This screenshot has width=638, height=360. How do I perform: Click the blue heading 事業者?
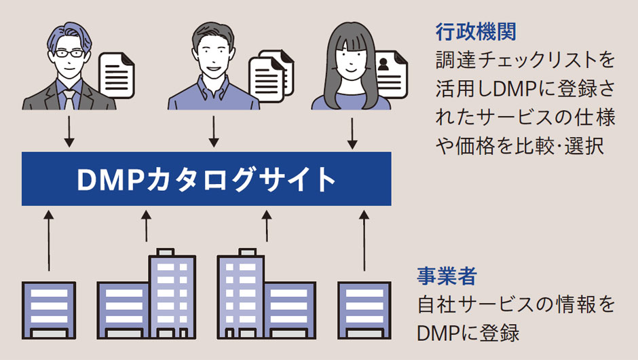tap(446, 276)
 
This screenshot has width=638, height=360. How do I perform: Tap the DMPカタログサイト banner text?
tap(206, 179)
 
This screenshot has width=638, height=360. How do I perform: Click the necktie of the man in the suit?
tap(69, 98)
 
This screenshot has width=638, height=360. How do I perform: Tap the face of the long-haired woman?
tap(351, 60)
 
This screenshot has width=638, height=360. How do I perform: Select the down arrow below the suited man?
tap(68, 132)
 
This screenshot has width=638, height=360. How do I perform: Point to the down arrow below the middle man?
tap(213, 132)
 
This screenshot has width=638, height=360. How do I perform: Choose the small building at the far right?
tap(364, 310)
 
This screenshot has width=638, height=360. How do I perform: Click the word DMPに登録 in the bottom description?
tap(468, 333)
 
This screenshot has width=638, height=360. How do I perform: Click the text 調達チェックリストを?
tap(525, 60)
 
